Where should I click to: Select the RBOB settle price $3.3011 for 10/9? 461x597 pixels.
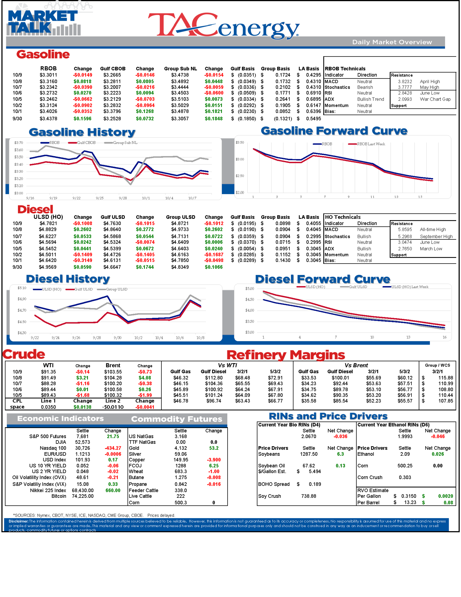48,75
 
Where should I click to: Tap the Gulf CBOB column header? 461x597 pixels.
113,69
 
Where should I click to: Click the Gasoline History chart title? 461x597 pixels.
82,132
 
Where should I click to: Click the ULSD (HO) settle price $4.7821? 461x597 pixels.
48,223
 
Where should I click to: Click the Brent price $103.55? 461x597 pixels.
113,372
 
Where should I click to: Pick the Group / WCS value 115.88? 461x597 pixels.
445,378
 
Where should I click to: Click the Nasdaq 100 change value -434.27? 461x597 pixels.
113,448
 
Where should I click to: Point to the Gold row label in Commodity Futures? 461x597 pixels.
134,448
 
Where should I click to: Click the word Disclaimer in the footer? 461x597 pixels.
18,521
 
